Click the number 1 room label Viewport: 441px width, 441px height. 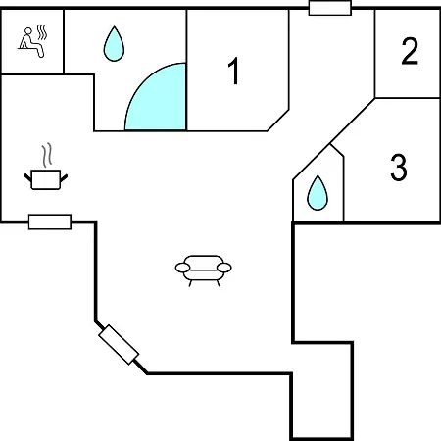click(x=234, y=71)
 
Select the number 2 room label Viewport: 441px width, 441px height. click(x=410, y=51)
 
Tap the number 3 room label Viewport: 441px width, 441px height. click(x=399, y=167)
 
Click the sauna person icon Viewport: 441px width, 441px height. click(x=31, y=42)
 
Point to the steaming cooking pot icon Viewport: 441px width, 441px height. click(x=46, y=167)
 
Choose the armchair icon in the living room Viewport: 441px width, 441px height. click(x=204, y=270)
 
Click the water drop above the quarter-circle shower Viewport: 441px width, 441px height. click(x=114, y=44)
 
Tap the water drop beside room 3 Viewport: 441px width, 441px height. click(x=318, y=193)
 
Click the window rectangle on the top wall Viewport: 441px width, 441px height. click(x=330, y=8)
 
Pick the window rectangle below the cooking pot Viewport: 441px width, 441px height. click(x=50, y=221)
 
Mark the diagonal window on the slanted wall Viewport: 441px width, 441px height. click(x=119, y=345)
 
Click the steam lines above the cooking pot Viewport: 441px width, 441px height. click(x=47, y=155)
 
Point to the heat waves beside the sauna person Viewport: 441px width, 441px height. click(x=42, y=32)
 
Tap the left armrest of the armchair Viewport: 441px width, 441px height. click(x=182, y=268)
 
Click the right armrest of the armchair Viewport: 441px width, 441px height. click(x=224, y=268)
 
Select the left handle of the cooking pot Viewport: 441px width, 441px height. click(x=27, y=178)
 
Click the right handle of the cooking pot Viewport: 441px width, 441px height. click(x=64, y=178)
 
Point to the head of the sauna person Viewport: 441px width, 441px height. click(x=28, y=31)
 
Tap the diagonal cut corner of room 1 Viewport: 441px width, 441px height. click(x=278, y=121)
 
